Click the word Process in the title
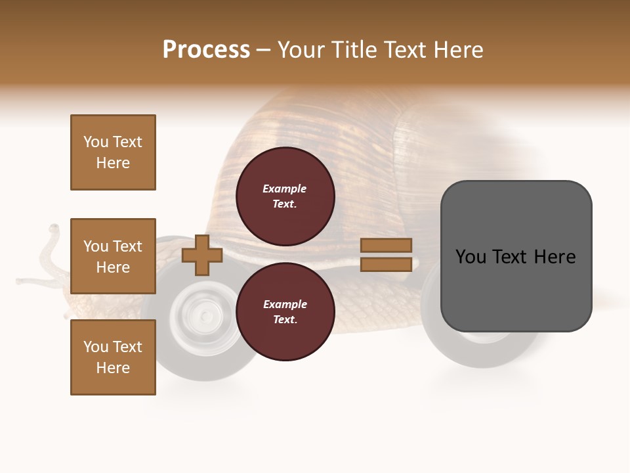pos(206,50)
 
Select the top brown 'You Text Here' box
pos(113,152)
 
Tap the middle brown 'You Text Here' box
pos(113,256)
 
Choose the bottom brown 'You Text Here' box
pos(113,357)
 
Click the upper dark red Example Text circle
pos(285,196)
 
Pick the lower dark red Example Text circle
pos(285,311)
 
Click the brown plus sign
pos(202,255)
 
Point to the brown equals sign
pos(386,255)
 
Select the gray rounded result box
pos(516,256)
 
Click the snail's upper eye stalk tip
pos(53,229)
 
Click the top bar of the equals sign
pos(386,246)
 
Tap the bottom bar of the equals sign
pos(386,264)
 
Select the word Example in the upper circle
pos(285,189)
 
